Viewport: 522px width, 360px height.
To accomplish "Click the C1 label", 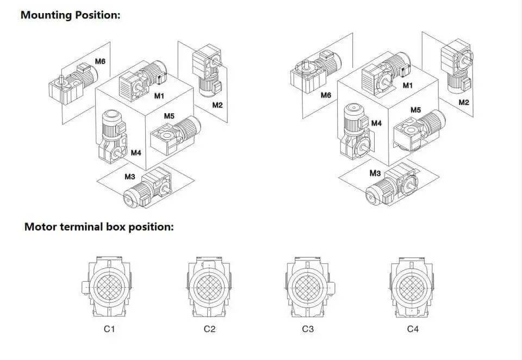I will coord(110,328).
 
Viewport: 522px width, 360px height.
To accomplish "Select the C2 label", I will coord(209,328).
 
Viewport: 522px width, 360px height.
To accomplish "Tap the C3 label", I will coord(308,328).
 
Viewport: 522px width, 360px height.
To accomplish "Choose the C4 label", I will coord(413,328).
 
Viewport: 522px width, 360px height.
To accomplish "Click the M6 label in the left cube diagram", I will coord(100,61).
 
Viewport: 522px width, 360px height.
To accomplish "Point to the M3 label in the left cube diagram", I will coord(129,176).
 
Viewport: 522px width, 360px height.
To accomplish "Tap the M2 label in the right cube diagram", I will coord(464,102).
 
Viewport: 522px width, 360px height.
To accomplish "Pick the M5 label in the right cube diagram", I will coord(415,110).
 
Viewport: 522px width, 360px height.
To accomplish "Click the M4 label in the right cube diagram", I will coord(376,123).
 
